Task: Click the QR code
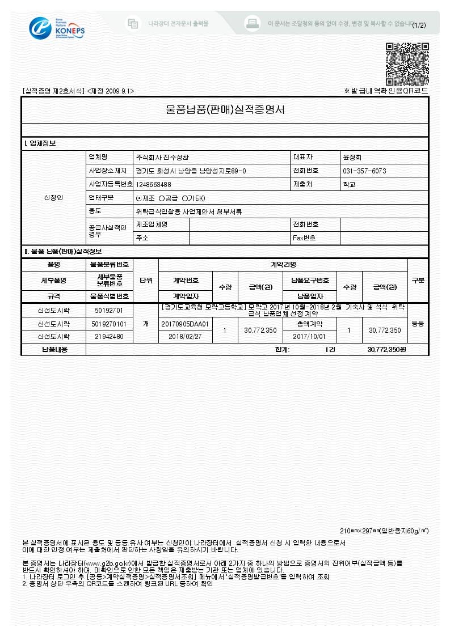click(407, 63)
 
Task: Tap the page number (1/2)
click(419, 25)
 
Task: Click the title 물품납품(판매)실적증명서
click(225, 109)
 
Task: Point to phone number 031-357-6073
click(364, 171)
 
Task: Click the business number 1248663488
click(153, 184)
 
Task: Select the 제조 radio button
click(140, 198)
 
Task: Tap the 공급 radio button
click(162, 198)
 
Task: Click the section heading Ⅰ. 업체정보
click(40, 143)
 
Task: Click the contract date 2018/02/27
click(185, 336)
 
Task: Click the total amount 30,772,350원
click(386, 350)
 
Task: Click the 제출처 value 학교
click(349, 184)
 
